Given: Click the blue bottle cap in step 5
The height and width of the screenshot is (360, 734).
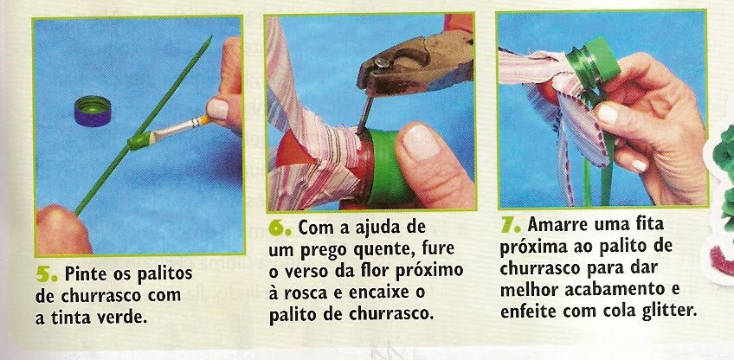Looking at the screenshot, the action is coord(93,111).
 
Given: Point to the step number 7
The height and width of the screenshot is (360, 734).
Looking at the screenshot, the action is coord(510,225).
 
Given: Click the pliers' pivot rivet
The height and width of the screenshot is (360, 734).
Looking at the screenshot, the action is coord(381,61).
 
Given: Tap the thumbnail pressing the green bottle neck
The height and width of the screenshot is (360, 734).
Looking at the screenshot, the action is coord(421,140).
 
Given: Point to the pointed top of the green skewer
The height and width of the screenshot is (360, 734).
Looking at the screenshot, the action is coord(210,37).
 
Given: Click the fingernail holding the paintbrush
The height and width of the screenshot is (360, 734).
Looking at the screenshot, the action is coord(216,109).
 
